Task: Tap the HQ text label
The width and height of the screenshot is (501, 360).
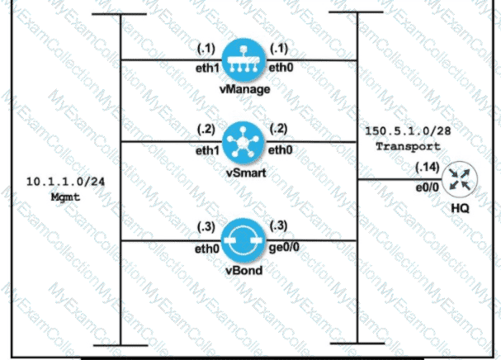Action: [x=460, y=208]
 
